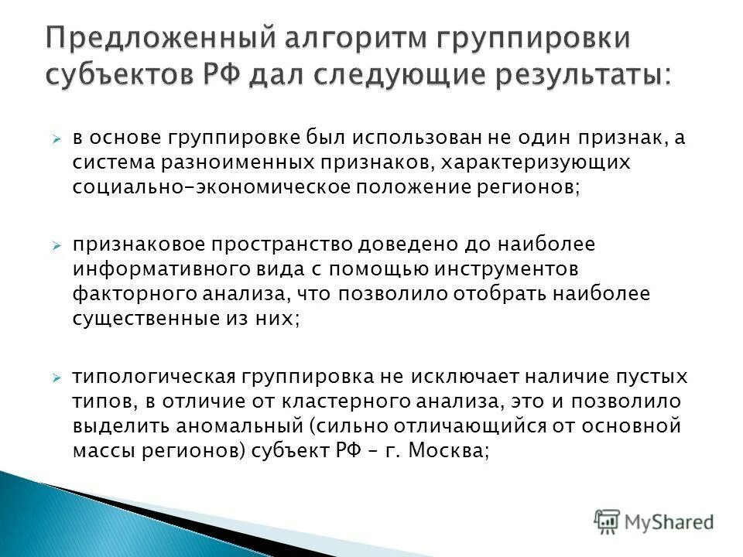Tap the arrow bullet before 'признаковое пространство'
tap(56, 245)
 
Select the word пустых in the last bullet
tap(652, 378)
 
